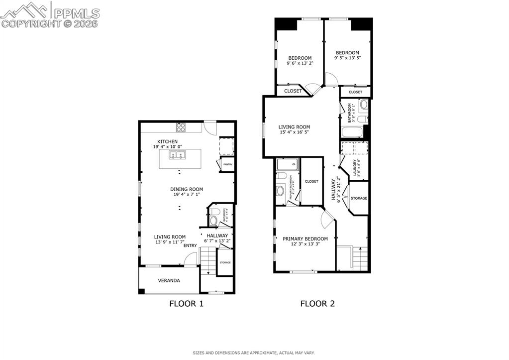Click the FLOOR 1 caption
tap(187, 303)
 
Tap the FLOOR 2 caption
tap(317, 303)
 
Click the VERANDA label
tap(169, 280)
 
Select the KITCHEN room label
tap(168, 141)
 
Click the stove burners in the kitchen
tap(181, 127)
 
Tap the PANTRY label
tap(227, 164)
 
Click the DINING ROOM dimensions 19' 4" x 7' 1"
tap(187, 195)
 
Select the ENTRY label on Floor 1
tap(190, 245)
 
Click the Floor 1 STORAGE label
tap(225, 262)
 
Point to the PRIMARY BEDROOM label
tap(305, 239)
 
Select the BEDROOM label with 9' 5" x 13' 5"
tap(347, 53)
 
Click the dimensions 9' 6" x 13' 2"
tap(300, 63)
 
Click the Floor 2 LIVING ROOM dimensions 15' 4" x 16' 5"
tap(294, 132)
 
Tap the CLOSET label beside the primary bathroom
tap(311, 181)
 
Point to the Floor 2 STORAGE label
tap(359, 198)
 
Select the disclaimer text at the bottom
tap(254, 353)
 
